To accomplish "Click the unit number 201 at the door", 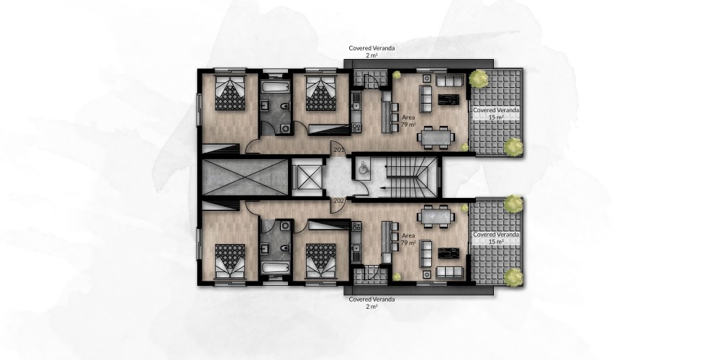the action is pos(339,150).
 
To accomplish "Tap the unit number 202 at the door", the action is pos(339,201).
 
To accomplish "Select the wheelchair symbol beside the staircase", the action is pos(363,167).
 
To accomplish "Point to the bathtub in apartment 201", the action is pos(275,87).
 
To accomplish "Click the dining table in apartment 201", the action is pos(436,138).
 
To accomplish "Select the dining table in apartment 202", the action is pos(436,216).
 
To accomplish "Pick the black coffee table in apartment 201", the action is pos(449,99).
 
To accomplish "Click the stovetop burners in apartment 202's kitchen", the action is pos(356,226).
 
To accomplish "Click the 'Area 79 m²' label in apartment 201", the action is pos(408,121).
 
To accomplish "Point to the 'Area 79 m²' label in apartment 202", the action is pos(408,239).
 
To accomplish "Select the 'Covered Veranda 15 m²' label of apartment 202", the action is pos(496,238).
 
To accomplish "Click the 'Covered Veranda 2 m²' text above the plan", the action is pos(372,51).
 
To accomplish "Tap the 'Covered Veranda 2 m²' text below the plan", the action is pos(372,302).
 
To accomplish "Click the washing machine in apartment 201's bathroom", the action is pos(286,129).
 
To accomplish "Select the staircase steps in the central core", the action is pos(410,177).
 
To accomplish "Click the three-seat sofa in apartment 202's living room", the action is pos(449,272).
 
